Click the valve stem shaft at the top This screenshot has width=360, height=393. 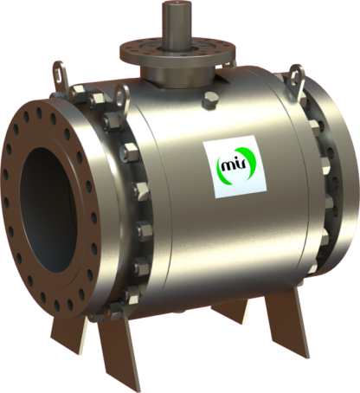(x=166, y=21)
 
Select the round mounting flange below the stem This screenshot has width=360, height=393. (x=166, y=53)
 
